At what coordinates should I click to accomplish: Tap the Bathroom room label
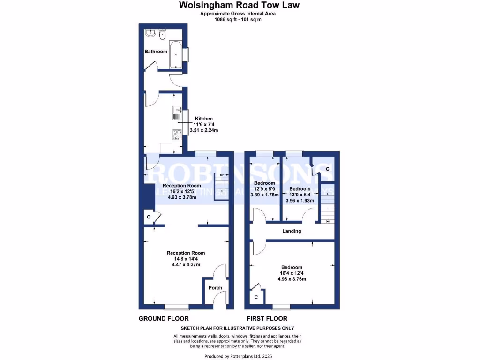[156, 52]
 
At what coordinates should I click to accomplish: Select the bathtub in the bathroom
[176, 55]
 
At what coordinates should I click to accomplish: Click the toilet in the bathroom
[163, 33]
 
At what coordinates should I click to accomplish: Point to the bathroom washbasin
[150, 33]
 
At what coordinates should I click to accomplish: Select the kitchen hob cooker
[177, 135]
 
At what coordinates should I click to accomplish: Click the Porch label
[216, 288]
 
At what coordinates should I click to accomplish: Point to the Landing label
[292, 231]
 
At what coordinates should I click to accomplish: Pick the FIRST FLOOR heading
[267, 319]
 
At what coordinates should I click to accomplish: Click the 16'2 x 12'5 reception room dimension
[186, 191]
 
